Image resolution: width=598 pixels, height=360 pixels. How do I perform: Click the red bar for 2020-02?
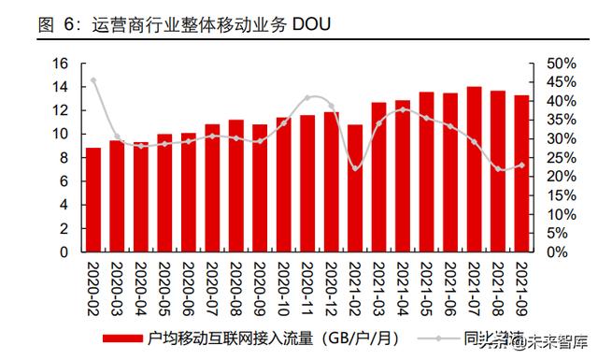click(93, 199)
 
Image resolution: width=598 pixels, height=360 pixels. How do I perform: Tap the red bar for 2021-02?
click(355, 188)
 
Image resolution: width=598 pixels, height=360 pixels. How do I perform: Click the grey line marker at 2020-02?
click(93, 80)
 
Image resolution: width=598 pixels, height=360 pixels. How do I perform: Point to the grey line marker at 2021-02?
click(355, 168)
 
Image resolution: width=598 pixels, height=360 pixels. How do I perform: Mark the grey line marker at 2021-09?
click(521, 165)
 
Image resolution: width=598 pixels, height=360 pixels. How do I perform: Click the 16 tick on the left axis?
click(62, 64)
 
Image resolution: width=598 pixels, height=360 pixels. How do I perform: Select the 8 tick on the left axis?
click(64, 158)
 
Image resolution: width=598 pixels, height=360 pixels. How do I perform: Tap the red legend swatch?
click(124, 338)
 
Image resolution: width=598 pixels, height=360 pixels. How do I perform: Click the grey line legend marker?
click(436, 338)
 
